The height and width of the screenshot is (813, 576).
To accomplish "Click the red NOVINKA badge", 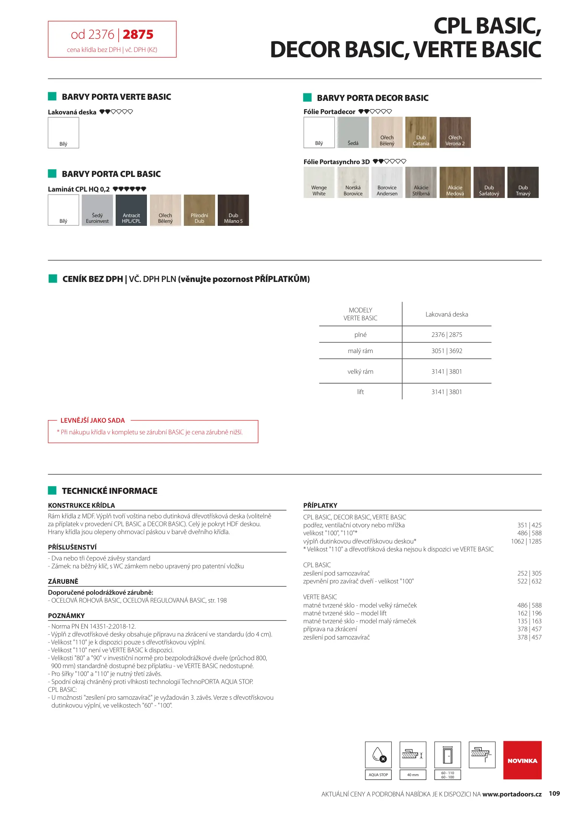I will pos(522,760).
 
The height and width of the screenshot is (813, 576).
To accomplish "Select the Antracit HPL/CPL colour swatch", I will pos(131,210).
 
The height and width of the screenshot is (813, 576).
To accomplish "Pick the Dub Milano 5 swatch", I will pos(233,210).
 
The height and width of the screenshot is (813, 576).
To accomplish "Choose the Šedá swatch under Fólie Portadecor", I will pos(353,132).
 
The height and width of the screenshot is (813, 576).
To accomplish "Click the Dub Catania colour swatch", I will pos(421,132).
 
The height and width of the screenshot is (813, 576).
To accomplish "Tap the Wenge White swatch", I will pos(319,182).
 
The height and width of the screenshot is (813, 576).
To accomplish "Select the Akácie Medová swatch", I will pos(455,182).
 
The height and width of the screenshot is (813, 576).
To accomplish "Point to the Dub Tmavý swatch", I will pos(523,182).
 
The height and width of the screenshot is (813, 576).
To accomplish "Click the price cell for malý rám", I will pos(447,351).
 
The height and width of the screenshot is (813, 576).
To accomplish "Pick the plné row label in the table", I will pos(361,335).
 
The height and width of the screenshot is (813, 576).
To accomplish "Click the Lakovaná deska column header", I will pos(447,314).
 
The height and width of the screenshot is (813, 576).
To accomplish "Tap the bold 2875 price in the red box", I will pos(138,35).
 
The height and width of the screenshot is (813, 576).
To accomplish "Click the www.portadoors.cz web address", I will pos(512,794).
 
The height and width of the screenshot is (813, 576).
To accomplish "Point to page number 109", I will pos(554,793).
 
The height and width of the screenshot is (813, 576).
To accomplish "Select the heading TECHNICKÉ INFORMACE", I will pos(110,491).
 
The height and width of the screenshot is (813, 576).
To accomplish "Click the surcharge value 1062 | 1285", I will pos(526,541).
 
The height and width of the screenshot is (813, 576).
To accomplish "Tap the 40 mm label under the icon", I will pos(413,775).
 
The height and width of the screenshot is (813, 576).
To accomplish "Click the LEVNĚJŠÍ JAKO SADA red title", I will pos(93,420).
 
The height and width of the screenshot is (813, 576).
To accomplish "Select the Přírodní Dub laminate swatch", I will pos(199,210).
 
